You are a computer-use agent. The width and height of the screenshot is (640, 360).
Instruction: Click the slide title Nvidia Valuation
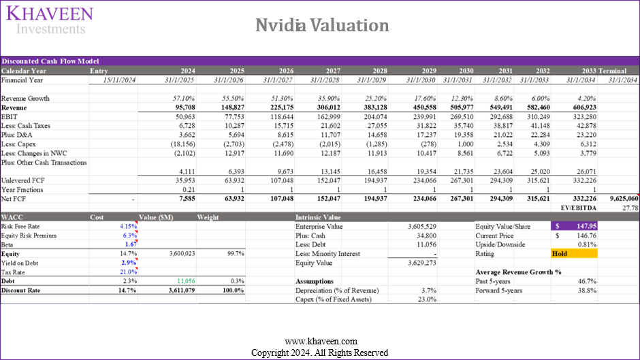pyautogui.click(x=322, y=25)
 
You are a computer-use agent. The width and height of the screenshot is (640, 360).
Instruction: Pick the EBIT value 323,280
pyautogui.click(x=581, y=117)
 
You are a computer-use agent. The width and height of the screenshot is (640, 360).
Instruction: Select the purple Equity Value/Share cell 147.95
pyautogui.click(x=573, y=225)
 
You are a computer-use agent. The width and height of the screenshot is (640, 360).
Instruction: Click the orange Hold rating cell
pyautogui.click(x=573, y=253)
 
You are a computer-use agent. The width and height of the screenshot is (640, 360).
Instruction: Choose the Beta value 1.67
pyautogui.click(x=131, y=244)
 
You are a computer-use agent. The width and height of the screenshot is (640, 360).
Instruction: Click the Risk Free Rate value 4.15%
pyautogui.click(x=128, y=225)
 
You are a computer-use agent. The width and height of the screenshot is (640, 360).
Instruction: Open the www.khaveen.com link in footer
pyautogui.click(x=320, y=341)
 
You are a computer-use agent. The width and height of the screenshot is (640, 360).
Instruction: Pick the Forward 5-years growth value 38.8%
pyautogui.click(x=586, y=290)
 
